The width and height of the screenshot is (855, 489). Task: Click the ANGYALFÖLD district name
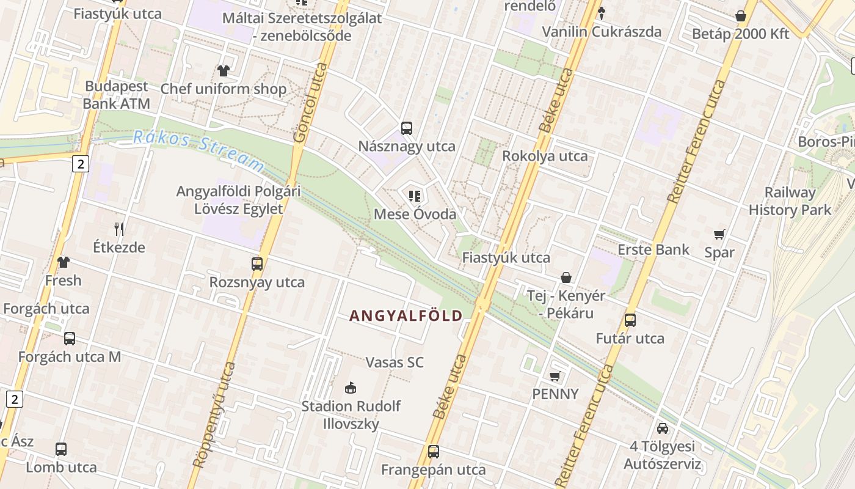(406, 315)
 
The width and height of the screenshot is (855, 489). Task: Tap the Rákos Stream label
(199, 150)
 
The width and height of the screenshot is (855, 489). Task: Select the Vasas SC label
(394, 362)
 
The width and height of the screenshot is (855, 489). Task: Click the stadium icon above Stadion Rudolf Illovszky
(351, 388)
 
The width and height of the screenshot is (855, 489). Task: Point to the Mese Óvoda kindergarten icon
(415, 196)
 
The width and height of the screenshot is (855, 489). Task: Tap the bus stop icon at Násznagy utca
(407, 128)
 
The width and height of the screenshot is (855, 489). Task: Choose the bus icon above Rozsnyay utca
(257, 264)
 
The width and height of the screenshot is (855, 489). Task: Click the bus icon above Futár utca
(630, 320)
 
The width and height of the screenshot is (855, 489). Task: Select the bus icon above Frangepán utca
(434, 452)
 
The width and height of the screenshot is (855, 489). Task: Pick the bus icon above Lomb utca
(61, 449)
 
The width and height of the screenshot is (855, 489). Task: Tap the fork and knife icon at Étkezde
(119, 229)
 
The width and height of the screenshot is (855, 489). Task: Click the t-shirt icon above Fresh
(64, 262)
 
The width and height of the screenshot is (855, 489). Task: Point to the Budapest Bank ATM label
(116, 95)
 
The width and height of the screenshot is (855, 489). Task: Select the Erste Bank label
(653, 249)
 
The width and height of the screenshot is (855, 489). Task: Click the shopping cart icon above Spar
(719, 234)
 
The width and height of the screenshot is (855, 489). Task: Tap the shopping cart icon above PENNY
(555, 376)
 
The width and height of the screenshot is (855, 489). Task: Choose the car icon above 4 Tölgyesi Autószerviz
(663, 428)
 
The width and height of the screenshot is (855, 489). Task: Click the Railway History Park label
(790, 201)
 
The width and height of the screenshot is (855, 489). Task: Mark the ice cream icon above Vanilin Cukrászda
(602, 13)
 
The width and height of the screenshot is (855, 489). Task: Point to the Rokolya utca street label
(545, 156)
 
